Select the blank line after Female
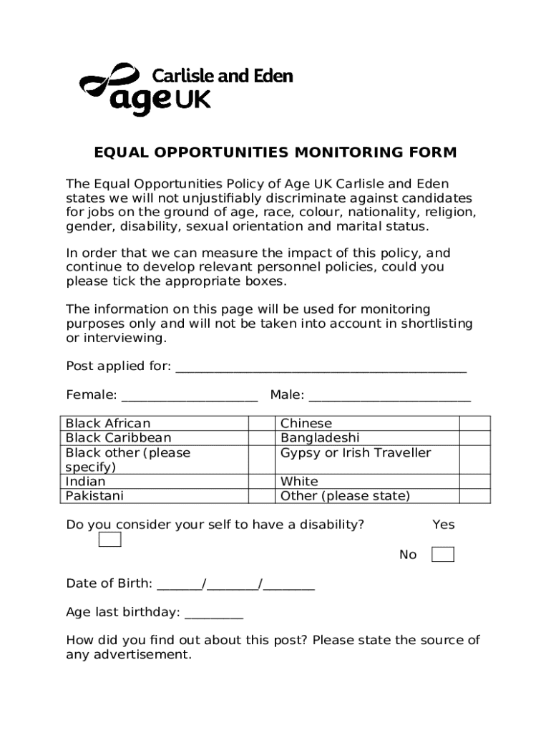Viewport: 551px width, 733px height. pyautogui.click(x=190, y=396)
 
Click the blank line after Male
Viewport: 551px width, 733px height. pyautogui.click(x=389, y=396)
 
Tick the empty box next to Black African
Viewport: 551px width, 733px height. pyautogui.click(x=262, y=424)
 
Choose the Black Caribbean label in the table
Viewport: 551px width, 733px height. pyautogui.click(x=118, y=438)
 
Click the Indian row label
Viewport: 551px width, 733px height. pyautogui.click(x=85, y=482)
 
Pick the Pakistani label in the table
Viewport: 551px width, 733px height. pyautogui.click(x=94, y=496)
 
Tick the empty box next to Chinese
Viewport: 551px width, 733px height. pyautogui.click(x=474, y=424)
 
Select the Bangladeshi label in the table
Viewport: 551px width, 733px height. pyautogui.click(x=320, y=438)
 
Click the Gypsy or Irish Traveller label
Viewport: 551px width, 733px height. pyautogui.click(x=356, y=453)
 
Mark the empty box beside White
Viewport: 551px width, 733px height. pyautogui.click(x=474, y=482)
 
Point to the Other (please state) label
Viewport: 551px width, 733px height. pyautogui.click(x=345, y=496)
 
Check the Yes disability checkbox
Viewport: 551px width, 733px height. pyautogui.click(x=109, y=540)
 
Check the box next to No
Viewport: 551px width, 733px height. pyautogui.click(x=443, y=555)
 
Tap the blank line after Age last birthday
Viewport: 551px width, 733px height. pyautogui.click(x=214, y=613)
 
